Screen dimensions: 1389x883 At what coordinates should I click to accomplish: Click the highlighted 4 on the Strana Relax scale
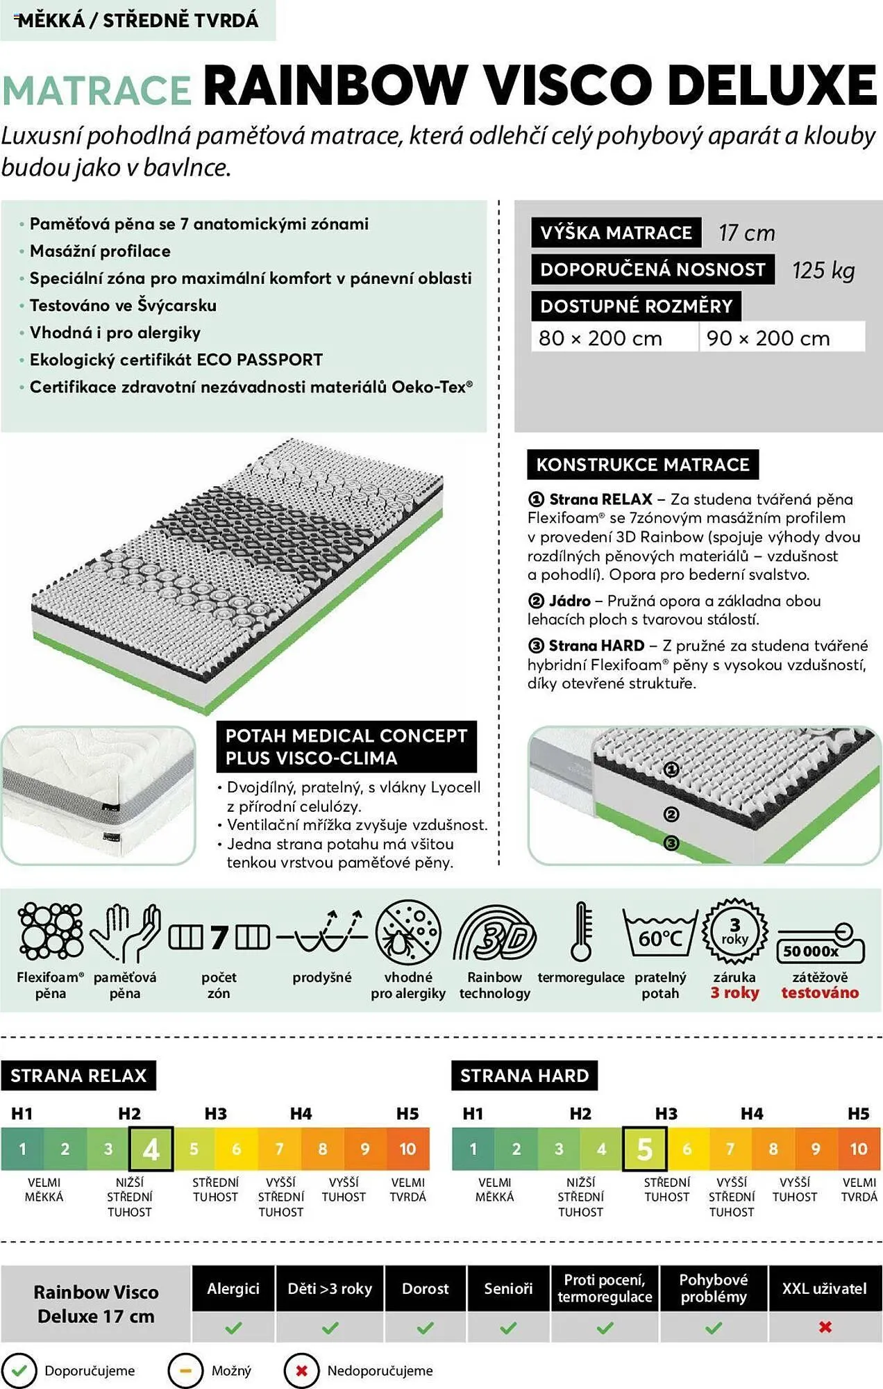coord(151,1149)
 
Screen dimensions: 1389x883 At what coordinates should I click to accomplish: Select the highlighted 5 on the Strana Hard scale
coord(644,1149)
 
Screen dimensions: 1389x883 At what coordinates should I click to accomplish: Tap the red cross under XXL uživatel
coord(825,1327)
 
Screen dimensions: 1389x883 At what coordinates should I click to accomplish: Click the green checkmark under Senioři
coord(508,1328)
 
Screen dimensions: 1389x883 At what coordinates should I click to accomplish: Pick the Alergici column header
coord(233,1289)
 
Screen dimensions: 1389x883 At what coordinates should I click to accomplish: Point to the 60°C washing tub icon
coord(659,935)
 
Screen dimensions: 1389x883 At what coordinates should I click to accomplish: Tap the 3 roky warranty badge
coord(734,931)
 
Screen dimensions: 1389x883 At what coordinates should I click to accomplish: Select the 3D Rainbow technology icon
coord(494,934)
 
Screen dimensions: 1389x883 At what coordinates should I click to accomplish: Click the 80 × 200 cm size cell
coord(600,338)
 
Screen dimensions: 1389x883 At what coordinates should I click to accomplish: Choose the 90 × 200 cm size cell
coord(768,338)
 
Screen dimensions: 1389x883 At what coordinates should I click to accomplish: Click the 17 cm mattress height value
coord(747,233)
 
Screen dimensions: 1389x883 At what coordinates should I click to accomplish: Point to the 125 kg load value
coord(823,270)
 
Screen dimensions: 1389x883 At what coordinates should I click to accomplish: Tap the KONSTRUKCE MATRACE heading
coord(643,465)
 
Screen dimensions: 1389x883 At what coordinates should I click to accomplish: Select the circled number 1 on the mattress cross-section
coord(671,770)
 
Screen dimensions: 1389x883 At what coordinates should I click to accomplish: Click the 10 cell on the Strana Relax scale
coord(407,1149)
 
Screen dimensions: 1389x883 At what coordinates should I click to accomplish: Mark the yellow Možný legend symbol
coord(185,1371)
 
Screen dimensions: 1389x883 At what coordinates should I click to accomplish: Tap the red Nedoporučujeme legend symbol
coord(301,1371)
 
